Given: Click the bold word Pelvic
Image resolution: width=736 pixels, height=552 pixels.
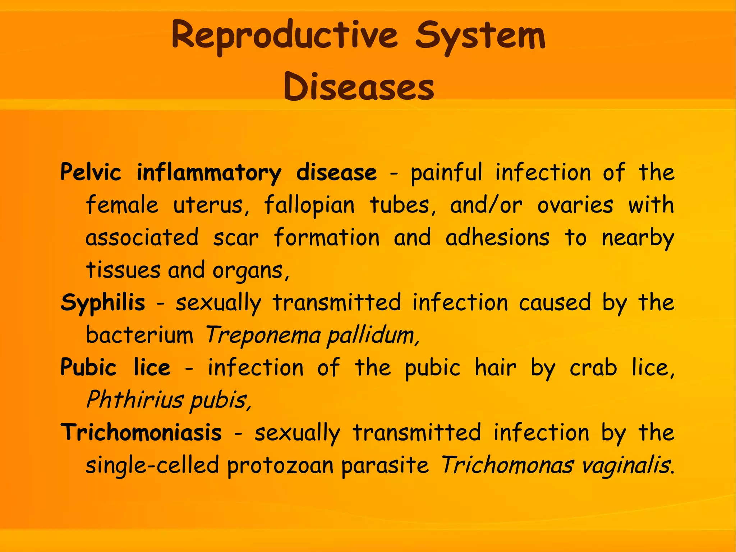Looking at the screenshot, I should tap(91, 172).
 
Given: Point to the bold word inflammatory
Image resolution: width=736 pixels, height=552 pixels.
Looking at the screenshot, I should tap(209, 173).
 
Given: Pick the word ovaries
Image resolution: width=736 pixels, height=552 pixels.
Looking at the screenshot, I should tap(575, 205).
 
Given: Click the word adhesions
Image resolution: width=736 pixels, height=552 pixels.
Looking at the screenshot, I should tap(497, 238).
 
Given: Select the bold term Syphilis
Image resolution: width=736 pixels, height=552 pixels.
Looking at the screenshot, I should tap(103, 303).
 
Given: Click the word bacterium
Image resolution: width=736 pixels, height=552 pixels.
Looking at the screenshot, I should tap(139, 335).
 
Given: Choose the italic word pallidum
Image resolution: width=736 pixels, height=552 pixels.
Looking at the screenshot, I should tap(373, 335).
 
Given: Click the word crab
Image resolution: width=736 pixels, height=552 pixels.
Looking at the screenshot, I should tap(593, 368).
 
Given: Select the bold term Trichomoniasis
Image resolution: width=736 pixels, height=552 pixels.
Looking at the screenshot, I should tap(141, 432).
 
